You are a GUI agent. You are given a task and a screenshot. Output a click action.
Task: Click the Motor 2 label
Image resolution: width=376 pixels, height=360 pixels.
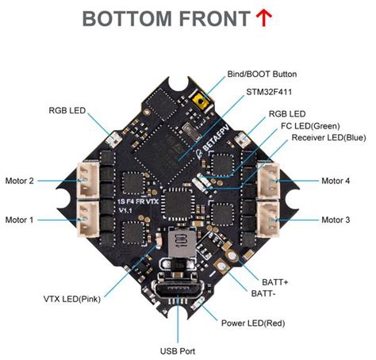click(x=19, y=181)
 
